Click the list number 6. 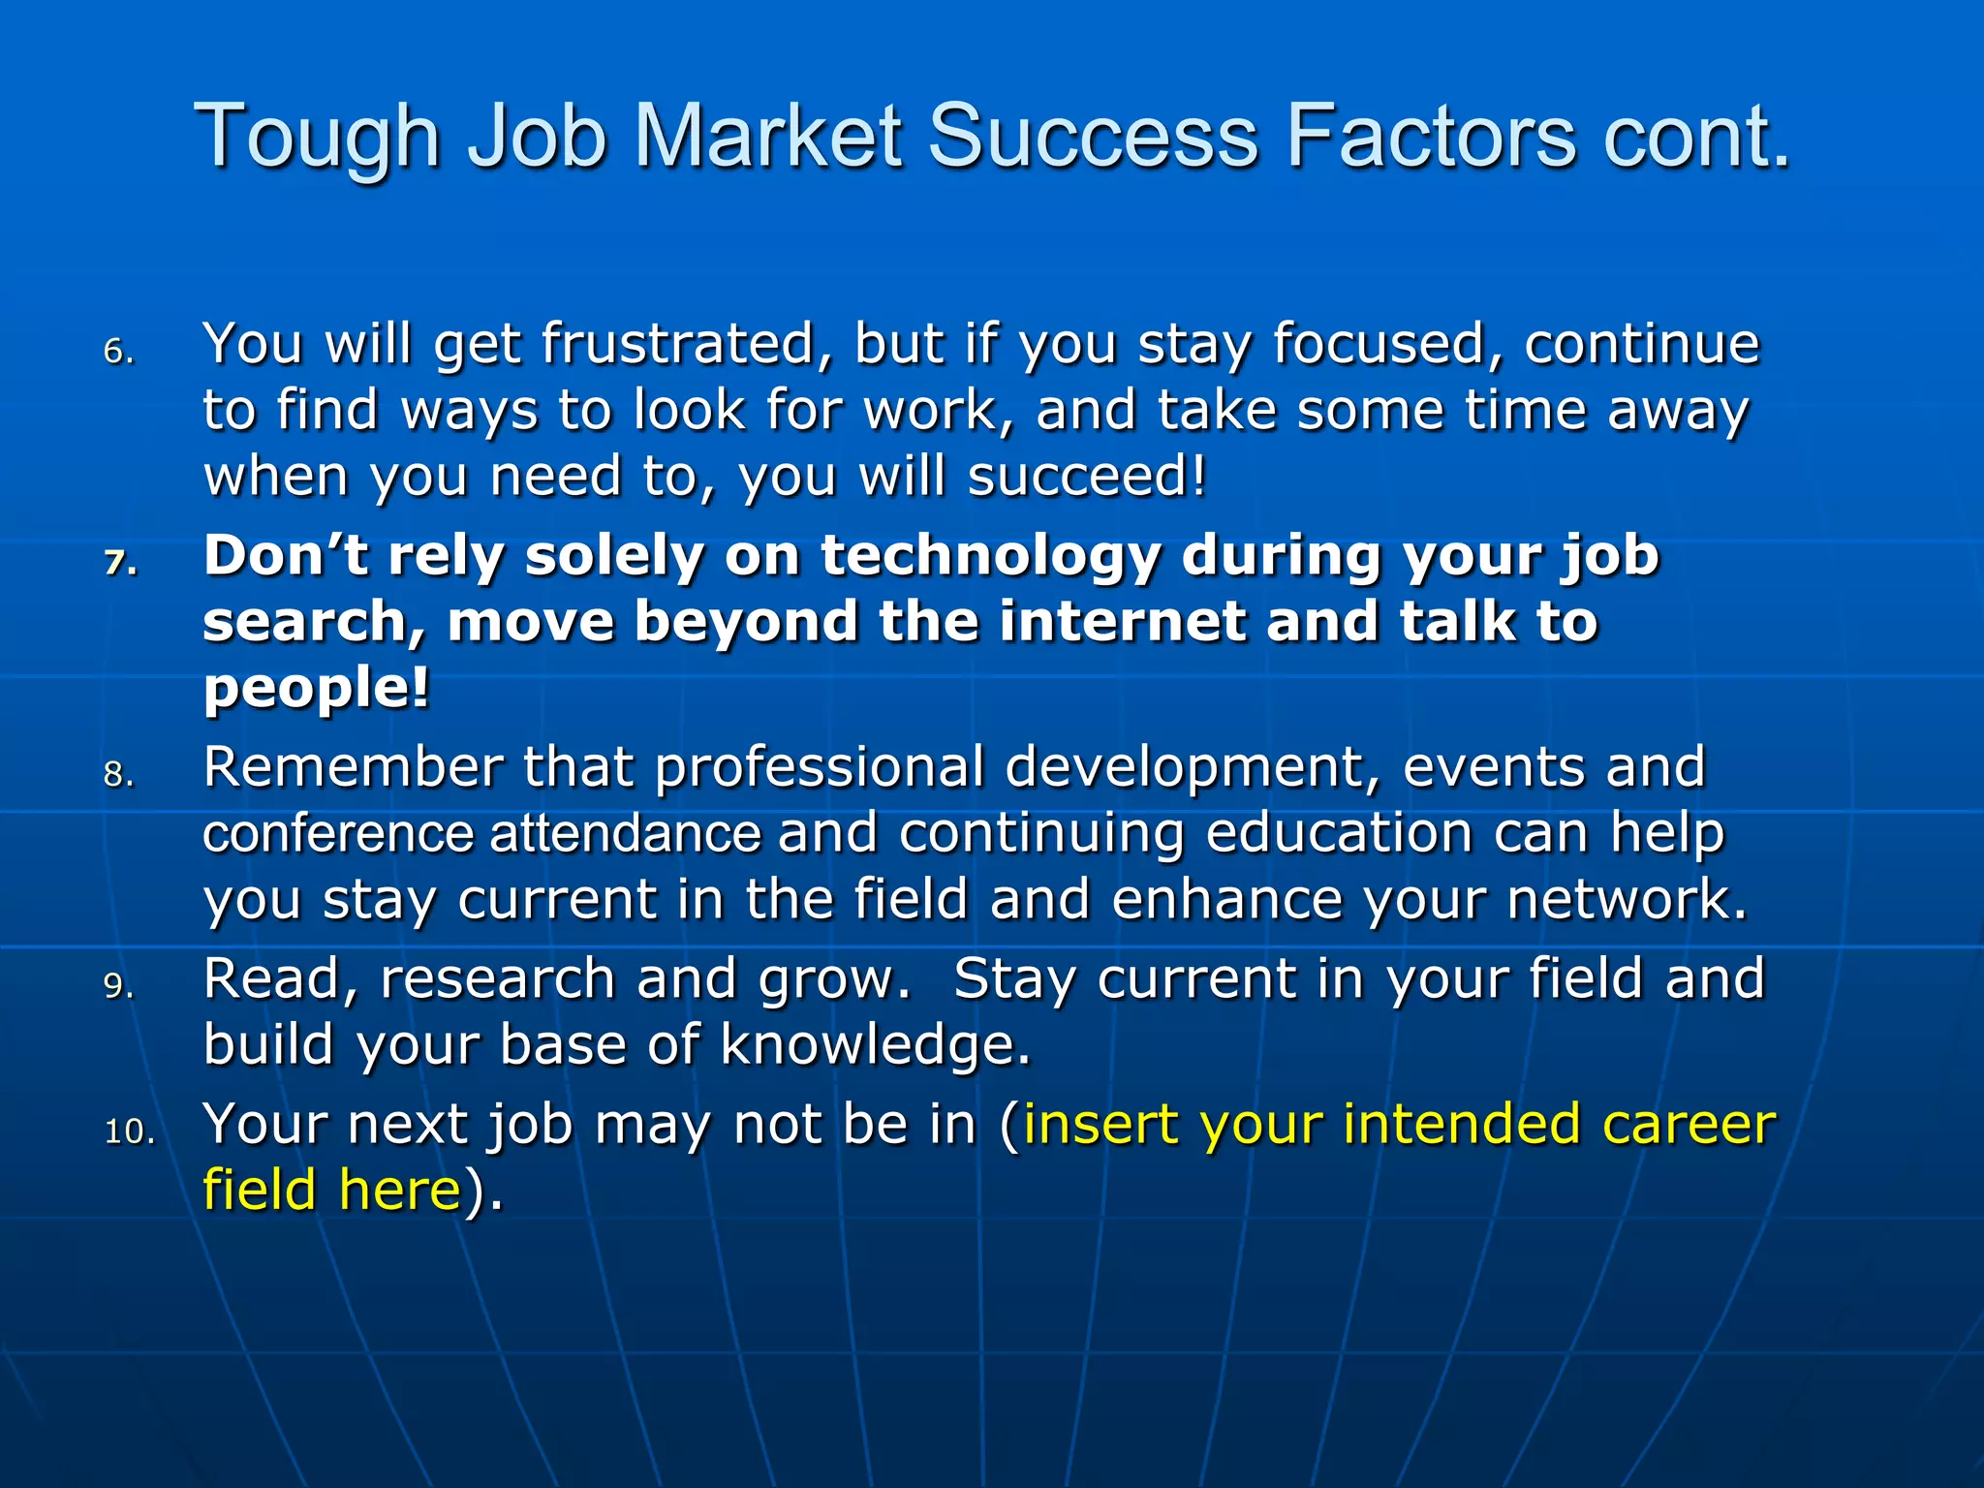click(118, 352)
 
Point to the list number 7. click(120, 563)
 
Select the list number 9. click(118, 986)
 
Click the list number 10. click(130, 1131)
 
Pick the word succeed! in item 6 click(1087, 477)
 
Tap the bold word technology click(989, 556)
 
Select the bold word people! click(316, 690)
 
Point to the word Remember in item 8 click(353, 767)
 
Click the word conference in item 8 click(337, 834)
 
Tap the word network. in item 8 click(1627, 900)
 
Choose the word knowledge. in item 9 click(875, 1045)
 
